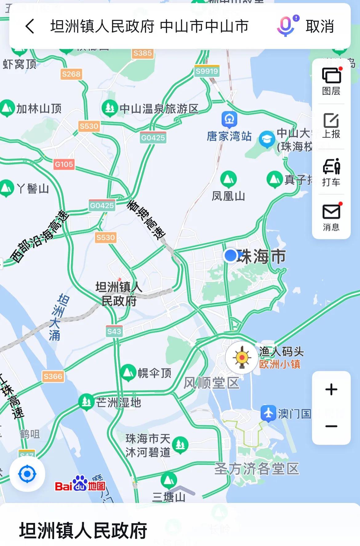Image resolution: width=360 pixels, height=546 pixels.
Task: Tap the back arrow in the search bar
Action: click(x=30, y=26)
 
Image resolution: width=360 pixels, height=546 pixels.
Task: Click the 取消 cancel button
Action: click(x=320, y=26)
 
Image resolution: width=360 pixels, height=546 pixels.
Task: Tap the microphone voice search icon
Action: click(x=286, y=26)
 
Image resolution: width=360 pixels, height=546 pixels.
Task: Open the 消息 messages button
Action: click(x=331, y=217)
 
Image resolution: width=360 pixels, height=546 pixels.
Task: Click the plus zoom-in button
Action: click(x=331, y=389)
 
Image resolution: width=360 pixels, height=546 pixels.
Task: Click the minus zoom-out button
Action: click(x=331, y=426)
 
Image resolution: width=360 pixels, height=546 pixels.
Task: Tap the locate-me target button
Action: click(x=27, y=474)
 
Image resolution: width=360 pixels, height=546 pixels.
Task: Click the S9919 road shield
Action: click(x=207, y=71)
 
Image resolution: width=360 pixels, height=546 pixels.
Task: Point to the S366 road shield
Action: click(x=53, y=376)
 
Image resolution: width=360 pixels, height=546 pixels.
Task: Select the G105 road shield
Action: click(x=64, y=164)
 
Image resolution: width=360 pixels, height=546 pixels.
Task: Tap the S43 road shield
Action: click(x=114, y=331)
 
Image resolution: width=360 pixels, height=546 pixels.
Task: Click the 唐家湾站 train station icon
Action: click(x=229, y=119)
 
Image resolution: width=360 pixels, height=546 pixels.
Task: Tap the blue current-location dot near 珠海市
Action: click(x=230, y=255)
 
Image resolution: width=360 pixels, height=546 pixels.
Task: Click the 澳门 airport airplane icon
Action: click(x=269, y=413)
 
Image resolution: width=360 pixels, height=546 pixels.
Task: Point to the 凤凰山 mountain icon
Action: click(x=228, y=179)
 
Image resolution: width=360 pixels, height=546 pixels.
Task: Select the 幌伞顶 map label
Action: click(x=154, y=373)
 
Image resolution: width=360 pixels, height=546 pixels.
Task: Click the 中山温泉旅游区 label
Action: click(x=159, y=109)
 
